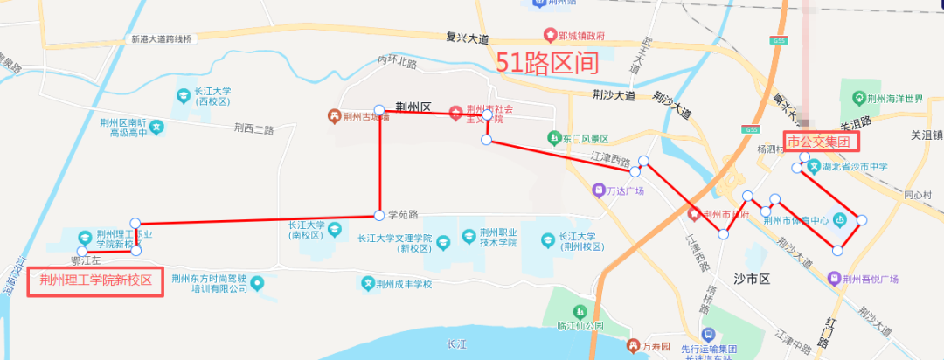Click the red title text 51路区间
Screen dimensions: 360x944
tap(546, 63)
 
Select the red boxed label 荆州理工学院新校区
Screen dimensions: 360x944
tap(95, 281)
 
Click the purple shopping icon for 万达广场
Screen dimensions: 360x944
tap(598, 190)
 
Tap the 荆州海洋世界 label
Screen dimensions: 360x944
tap(896, 98)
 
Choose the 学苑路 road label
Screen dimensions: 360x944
tap(404, 214)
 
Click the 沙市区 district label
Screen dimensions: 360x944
tap(751, 279)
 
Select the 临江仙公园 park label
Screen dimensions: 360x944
tap(580, 326)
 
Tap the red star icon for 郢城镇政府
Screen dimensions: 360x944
tap(550, 36)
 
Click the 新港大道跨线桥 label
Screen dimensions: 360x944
tap(162, 38)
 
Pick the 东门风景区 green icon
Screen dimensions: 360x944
tap(553, 138)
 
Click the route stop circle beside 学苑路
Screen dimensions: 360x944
tap(379, 215)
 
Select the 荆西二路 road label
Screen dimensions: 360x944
tap(253, 129)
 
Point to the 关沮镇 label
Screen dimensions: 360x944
tap(926, 135)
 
